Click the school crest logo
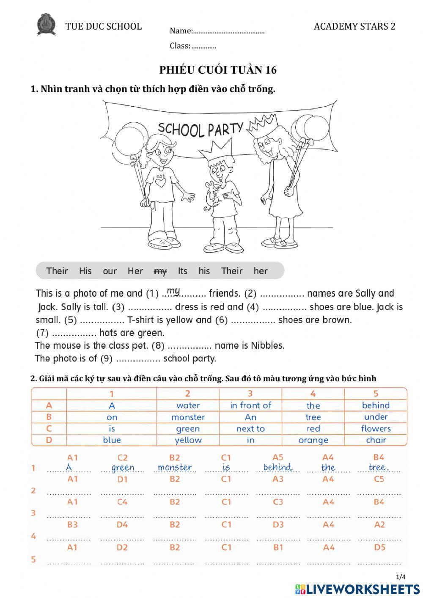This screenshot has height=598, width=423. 46,24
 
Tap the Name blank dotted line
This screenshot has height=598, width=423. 228,32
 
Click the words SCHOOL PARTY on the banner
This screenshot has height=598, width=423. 201,129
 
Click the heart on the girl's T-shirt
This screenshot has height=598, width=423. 160,182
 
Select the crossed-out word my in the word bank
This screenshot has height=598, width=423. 160,271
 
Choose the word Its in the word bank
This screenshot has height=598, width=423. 182,271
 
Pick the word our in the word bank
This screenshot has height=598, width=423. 110,271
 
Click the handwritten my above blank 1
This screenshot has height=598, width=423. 173,291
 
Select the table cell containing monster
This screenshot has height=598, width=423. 188,417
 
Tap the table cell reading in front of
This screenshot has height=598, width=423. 250,405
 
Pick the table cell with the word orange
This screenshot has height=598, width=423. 313,440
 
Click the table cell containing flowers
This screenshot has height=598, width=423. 376,429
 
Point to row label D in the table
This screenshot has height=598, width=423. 49,440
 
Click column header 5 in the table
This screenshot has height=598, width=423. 376,394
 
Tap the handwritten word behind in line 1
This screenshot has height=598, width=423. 277,467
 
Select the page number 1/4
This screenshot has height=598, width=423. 401,577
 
